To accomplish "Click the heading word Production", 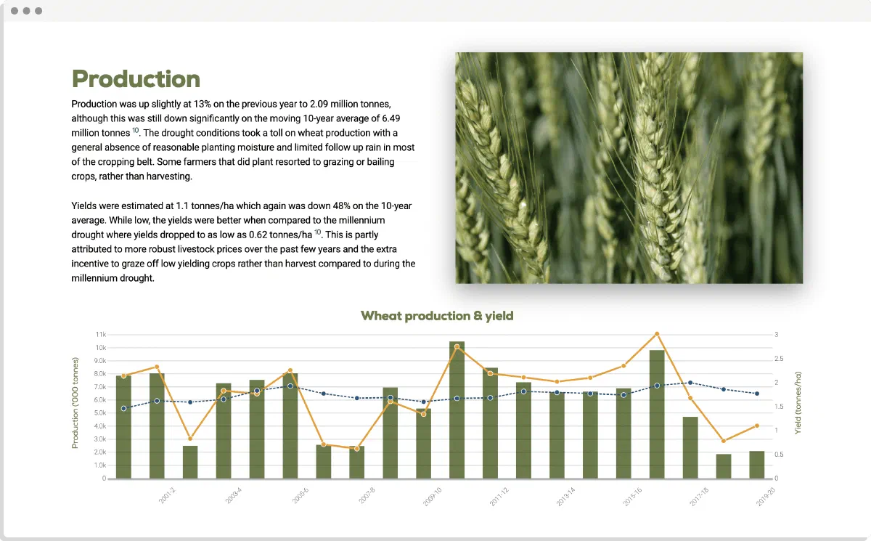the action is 136,79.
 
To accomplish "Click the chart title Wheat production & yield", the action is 437,316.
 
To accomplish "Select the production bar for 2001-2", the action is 157,426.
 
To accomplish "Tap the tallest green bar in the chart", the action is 457,410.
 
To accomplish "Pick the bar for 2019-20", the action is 756,465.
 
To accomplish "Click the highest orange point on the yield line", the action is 657,334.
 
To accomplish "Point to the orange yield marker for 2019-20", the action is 756,426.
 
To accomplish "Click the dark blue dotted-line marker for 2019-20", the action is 757,394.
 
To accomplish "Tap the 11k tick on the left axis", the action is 101,335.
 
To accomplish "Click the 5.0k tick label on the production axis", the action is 100,413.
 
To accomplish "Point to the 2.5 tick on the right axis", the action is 779,359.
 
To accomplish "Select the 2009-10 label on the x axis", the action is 432,497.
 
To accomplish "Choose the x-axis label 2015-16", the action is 632,497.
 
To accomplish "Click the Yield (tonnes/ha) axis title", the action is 798,403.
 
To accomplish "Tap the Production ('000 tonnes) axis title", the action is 75,403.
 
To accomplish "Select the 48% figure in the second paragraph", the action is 341,206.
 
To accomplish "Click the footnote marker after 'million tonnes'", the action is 135,130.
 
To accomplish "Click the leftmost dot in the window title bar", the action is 15,11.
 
